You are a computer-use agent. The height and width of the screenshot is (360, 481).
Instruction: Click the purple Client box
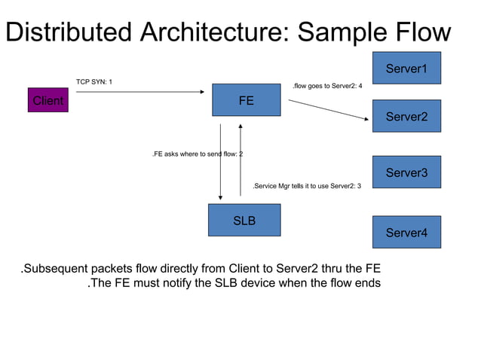47,100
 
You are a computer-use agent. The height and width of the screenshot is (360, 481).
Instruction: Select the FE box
246,99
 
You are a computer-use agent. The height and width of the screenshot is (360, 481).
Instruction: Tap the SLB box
244,221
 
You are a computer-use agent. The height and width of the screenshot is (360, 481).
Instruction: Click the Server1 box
406,69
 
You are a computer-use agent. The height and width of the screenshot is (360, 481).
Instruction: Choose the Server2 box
406,116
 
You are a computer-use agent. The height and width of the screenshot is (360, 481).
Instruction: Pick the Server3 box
406,172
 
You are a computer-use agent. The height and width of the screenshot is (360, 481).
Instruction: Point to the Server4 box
406,232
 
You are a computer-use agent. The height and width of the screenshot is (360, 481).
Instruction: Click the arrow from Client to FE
139,92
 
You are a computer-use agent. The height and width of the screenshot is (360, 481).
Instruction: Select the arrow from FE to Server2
329,110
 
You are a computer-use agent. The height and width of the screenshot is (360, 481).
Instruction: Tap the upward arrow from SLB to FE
240,162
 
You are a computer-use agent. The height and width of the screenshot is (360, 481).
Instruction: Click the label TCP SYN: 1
95,81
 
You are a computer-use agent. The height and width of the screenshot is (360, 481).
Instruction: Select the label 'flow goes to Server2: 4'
327,86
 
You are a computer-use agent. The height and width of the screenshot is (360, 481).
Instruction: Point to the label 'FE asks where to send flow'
197,154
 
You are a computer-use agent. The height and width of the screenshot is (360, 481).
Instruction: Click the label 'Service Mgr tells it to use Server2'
307,185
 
